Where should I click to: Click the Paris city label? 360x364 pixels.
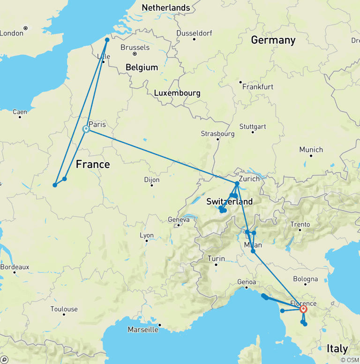pyautogui.click(x=97, y=125)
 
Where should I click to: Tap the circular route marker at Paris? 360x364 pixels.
pyautogui.click(x=86, y=129)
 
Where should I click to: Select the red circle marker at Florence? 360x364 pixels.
pyautogui.click(x=303, y=309)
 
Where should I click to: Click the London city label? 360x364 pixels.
pyautogui.click(x=11, y=33)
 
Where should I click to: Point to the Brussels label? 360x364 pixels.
pyautogui.click(x=135, y=47)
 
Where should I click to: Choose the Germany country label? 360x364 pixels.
pyautogui.click(x=273, y=40)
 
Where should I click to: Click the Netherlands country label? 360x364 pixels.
pyautogui.click(x=166, y=8)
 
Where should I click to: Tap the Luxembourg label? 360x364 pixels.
pyautogui.click(x=177, y=93)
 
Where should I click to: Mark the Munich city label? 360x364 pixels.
pyautogui.click(x=311, y=150)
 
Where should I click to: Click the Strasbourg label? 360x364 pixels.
pyautogui.click(x=217, y=134)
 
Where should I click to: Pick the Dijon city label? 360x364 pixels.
pyautogui.click(x=151, y=180)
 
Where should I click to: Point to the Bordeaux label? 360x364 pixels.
pyautogui.click(x=15, y=267)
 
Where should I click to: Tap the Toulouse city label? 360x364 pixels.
pyautogui.click(x=64, y=309)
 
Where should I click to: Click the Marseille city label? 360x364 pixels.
pyautogui.click(x=143, y=330)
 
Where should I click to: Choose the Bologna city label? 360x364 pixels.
pyautogui.click(x=305, y=279)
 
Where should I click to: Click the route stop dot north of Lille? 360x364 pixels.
pyautogui.click(x=107, y=40)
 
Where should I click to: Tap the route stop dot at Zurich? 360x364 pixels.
pyautogui.click(x=237, y=183)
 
